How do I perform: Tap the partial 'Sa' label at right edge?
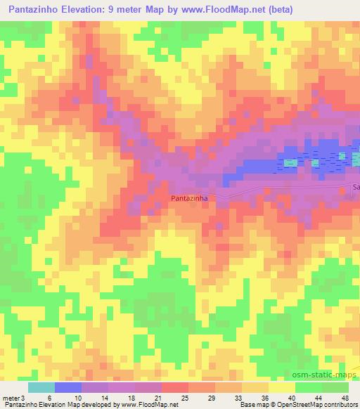point(355,188)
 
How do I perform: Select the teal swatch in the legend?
point(41,387)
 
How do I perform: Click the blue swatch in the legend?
point(68,387)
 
